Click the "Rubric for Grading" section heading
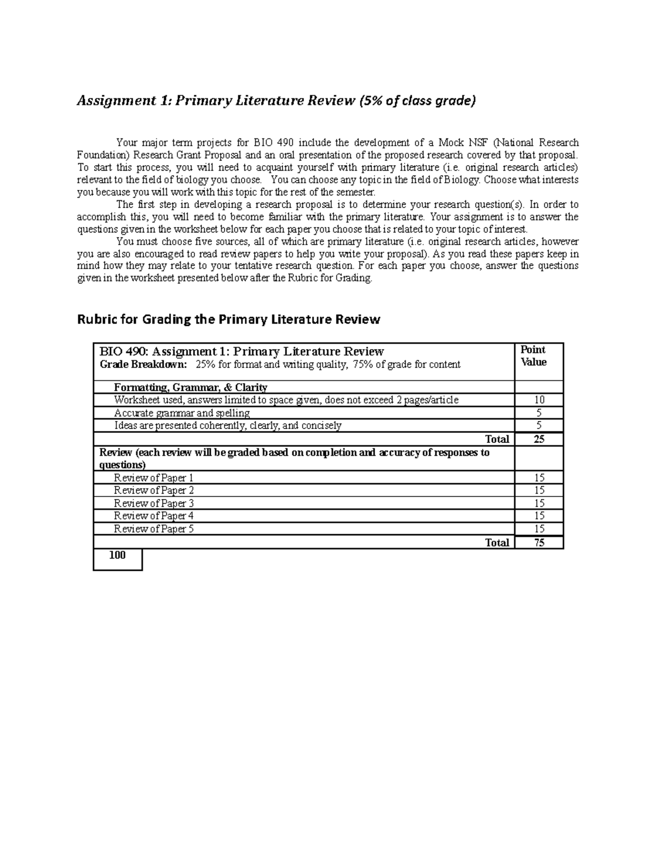[228, 319]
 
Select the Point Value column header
[533, 356]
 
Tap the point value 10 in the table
[539, 400]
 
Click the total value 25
[539, 439]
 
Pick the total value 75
[539, 542]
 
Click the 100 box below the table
[117, 556]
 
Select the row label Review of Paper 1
[153, 477]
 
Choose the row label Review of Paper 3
[153, 503]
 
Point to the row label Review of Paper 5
[153, 529]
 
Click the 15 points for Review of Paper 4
[539, 516]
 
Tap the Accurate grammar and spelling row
[181, 413]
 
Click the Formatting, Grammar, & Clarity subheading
[190, 388]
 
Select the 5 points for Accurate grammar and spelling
[539, 413]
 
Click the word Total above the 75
[497, 542]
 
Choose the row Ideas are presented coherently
[227, 425]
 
